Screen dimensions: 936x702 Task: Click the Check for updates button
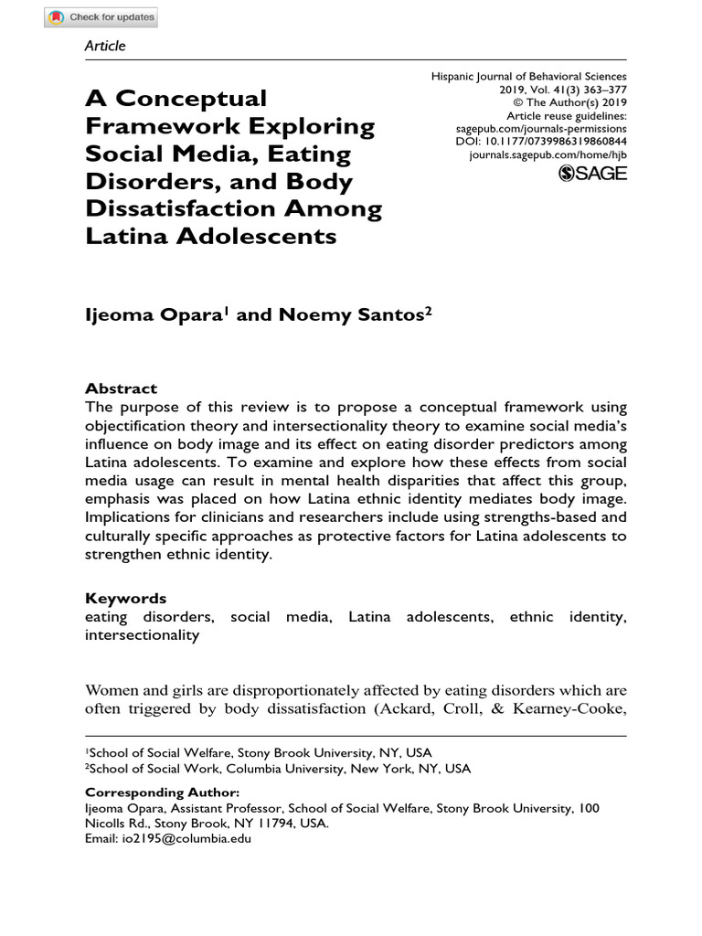coord(101,17)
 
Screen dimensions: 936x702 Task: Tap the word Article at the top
coord(105,46)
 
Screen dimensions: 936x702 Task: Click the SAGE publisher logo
coord(592,174)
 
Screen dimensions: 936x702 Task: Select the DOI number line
coord(541,143)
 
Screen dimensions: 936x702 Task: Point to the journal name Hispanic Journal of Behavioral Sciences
coord(529,79)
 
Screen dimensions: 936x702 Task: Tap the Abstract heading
coord(121,388)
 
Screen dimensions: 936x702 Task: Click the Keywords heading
coord(126,599)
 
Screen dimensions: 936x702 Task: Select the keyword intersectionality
coord(142,634)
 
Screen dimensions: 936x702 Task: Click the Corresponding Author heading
coord(163,792)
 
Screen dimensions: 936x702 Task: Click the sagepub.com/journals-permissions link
coord(549,130)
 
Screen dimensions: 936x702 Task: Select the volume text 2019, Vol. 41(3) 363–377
coord(562,91)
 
